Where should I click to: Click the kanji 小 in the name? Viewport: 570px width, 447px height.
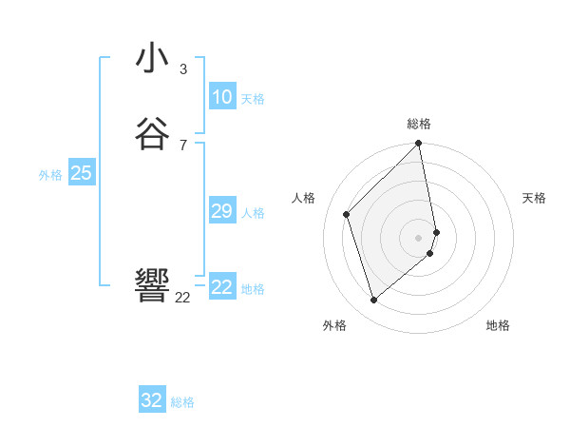tap(153, 59)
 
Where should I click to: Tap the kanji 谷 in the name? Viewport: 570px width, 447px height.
tap(153, 133)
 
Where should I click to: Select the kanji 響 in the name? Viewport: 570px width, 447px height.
tap(153, 284)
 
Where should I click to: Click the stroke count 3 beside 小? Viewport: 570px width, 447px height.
tap(183, 69)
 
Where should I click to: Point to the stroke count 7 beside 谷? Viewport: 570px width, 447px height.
tap(183, 145)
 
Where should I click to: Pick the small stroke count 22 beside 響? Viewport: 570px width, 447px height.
tap(183, 297)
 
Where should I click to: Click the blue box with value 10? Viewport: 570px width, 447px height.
tap(222, 96)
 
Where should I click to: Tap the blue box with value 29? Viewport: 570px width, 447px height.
tap(222, 211)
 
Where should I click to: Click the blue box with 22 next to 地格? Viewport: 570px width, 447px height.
tap(222, 286)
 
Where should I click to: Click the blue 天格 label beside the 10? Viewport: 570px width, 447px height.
tap(253, 99)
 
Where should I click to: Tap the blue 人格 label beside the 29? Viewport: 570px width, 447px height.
tap(253, 213)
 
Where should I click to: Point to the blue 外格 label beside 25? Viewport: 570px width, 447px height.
tap(50, 175)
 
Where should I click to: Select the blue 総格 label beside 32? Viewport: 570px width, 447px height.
tap(182, 402)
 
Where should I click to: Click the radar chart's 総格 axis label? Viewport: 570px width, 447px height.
tap(419, 124)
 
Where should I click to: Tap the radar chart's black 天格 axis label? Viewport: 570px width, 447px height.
tap(534, 198)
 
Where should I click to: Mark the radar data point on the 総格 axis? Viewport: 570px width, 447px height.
tap(419, 145)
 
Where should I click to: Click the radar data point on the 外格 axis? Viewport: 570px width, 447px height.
tap(373, 300)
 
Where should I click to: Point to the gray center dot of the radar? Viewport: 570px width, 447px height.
tap(419, 237)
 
